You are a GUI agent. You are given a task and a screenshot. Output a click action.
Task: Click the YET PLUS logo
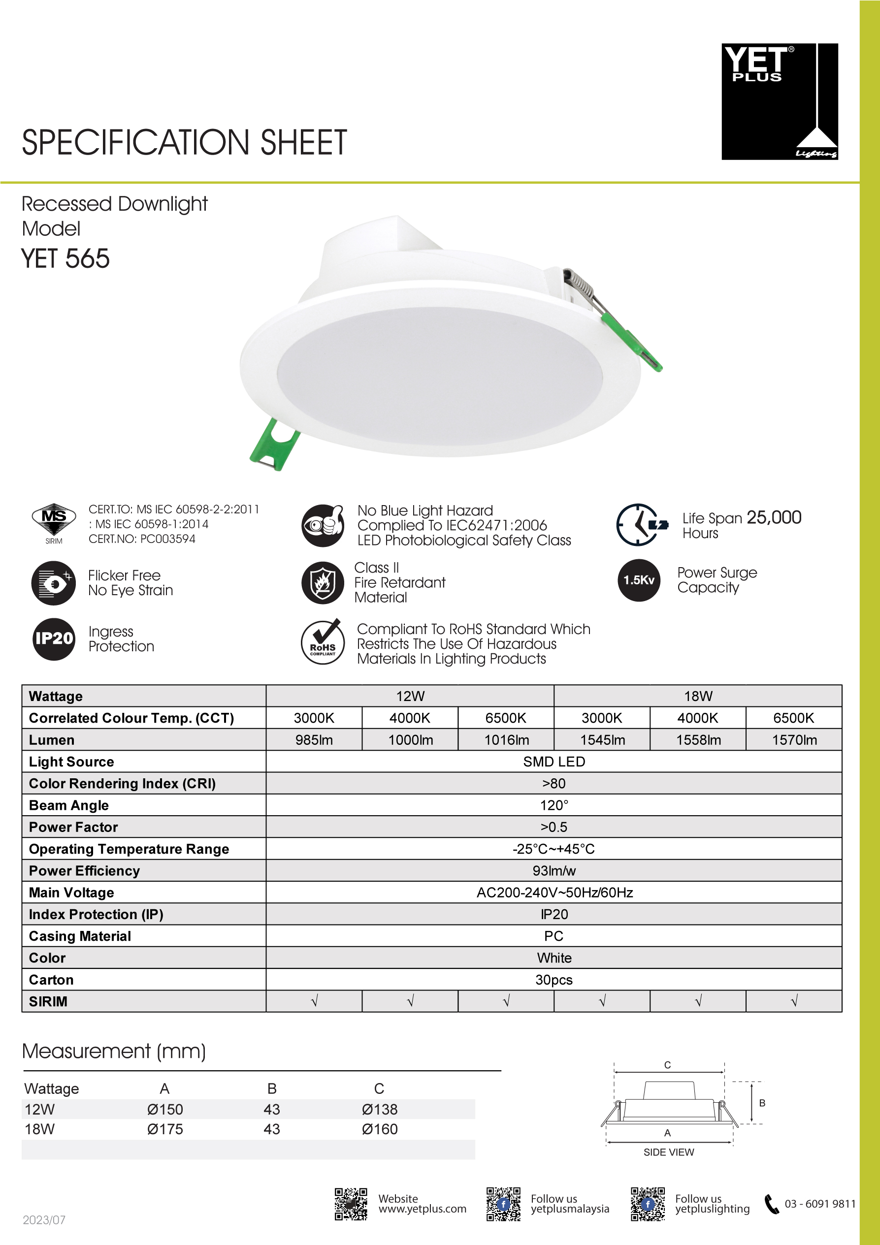tap(779, 101)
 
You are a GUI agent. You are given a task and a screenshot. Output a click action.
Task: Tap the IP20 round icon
tap(54, 639)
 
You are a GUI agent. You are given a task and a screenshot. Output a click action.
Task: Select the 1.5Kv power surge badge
tap(639, 580)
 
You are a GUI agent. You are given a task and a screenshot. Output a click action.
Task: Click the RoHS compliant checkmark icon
tap(323, 642)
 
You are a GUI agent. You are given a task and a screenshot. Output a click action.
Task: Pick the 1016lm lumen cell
tap(506, 739)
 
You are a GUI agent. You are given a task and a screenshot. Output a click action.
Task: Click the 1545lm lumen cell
tap(602, 739)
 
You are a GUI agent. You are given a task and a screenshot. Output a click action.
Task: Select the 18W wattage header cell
tap(698, 696)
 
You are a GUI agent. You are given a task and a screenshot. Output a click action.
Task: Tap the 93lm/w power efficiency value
tap(554, 870)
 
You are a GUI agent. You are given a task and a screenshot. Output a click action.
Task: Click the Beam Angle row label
tap(69, 805)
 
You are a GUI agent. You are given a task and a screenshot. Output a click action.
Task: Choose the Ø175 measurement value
tap(165, 1129)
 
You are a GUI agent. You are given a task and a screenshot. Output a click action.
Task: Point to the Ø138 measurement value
tap(380, 1109)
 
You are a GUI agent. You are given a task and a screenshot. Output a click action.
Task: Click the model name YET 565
tap(65, 258)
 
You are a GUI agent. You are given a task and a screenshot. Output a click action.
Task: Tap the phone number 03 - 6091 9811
tap(820, 1203)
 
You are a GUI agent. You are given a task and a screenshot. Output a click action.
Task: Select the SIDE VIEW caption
tap(668, 1152)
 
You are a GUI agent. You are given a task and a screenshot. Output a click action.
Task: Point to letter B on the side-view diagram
tap(762, 1103)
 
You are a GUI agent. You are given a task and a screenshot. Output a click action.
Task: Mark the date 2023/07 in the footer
tap(44, 1220)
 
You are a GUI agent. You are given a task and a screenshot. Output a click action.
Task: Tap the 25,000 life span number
tap(774, 517)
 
